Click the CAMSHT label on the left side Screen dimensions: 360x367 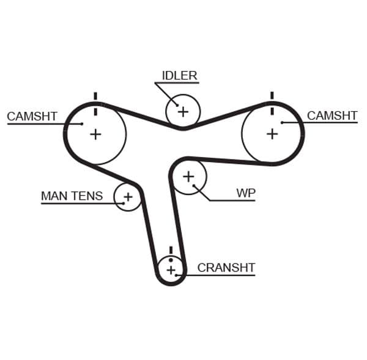[32, 116]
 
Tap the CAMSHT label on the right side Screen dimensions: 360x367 [332, 115]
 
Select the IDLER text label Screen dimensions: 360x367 [179, 76]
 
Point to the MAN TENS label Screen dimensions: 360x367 [72, 196]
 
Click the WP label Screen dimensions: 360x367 [246, 193]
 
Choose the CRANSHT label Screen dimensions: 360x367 [226, 268]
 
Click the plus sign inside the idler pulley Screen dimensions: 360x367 [182, 111]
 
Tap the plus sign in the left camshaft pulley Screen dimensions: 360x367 [95, 134]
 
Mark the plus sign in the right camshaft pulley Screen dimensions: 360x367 [272, 133]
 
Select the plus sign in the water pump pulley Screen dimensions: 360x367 [188, 177]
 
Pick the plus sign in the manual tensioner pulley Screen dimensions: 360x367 [128, 197]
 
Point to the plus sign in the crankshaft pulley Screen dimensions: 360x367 [171, 270]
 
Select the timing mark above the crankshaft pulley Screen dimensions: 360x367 [171, 250]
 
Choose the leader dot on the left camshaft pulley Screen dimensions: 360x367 [82, 124]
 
